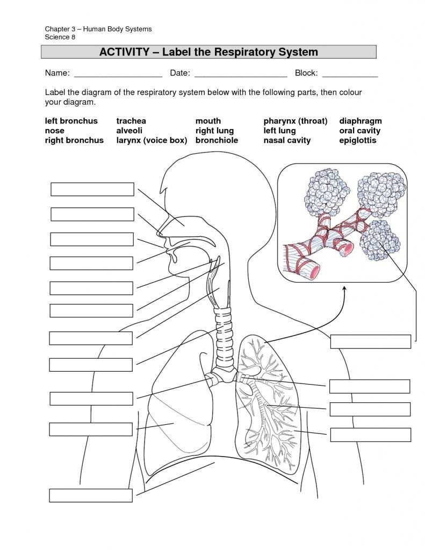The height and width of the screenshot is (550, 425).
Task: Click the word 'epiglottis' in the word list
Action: coord(357,140)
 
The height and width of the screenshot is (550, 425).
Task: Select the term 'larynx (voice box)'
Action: coord(152,140)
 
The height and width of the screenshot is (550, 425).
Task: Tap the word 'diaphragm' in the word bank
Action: coord(360,121)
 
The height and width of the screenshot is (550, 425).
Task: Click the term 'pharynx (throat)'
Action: coord(295,121)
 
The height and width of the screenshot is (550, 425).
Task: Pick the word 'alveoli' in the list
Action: coord(129,131)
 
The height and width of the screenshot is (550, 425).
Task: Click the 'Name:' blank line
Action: coord(118,74)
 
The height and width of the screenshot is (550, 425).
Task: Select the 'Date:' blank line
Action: coord(240,74)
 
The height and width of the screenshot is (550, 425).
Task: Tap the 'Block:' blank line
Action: coord(350,74)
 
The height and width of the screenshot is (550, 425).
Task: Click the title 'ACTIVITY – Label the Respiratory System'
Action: coord(208,52)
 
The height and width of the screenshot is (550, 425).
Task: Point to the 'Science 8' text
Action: coord(60,37)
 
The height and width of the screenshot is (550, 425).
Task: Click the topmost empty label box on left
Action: coord(92,189)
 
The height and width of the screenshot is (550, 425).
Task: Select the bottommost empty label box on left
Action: coord(91,495)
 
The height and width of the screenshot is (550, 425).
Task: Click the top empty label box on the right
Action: coord(370,341)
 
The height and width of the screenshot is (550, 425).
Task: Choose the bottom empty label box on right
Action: coord(370,435)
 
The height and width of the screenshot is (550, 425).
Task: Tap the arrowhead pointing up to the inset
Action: coord(344,290)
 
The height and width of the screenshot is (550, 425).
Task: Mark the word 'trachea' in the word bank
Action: coord(131,121)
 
